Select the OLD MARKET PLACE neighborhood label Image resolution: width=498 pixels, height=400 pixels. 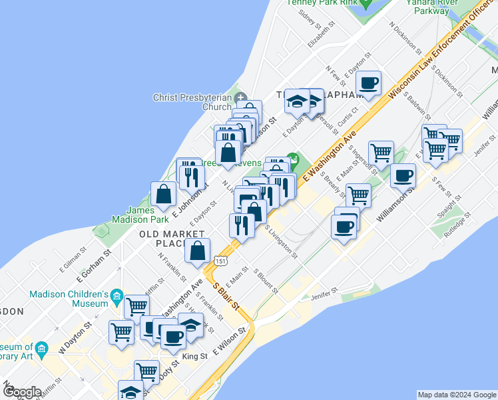click(x=172, y=239)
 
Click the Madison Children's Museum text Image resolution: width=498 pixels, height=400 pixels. click(x=69, y=298)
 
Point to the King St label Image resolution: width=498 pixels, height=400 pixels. click(x=195, y=356)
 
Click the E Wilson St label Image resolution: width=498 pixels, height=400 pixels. click(x=230, y=340)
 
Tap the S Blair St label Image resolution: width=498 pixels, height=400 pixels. click(x=226, y=299)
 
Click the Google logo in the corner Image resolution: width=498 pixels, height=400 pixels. click(x=22, y=391)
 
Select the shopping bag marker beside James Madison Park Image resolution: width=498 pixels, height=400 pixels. click(x=163, y=195)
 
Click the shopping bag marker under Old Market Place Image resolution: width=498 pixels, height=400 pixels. click(x=198, y=251)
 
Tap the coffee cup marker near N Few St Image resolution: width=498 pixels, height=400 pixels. click(x=368, y=83)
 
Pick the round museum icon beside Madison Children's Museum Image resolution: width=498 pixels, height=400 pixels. click(x=117, y=295)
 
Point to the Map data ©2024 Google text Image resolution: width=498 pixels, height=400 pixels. click(x=457, y=395)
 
